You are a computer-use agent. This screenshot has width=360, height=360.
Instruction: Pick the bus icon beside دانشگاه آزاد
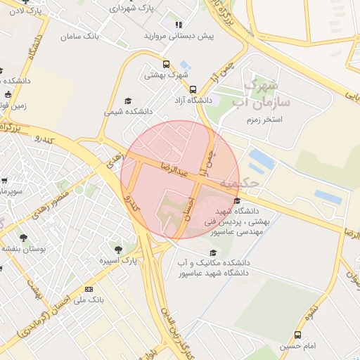[193, 89]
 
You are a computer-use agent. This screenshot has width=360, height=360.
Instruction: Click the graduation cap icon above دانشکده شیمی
[127, 101]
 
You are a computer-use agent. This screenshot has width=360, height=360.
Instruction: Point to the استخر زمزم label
[263, 120]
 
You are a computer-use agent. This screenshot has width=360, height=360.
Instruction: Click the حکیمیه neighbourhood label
[239, 183]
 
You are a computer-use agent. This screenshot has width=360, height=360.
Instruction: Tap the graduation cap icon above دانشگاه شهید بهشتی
[237, 201]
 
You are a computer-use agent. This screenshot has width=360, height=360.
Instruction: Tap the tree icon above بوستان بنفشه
[24, 238]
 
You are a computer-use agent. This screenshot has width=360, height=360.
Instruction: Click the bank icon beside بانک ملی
[89, 289]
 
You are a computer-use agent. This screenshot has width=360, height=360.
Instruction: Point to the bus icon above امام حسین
[297, 335]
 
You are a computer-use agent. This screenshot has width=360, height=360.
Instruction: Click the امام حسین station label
[297, 346]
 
